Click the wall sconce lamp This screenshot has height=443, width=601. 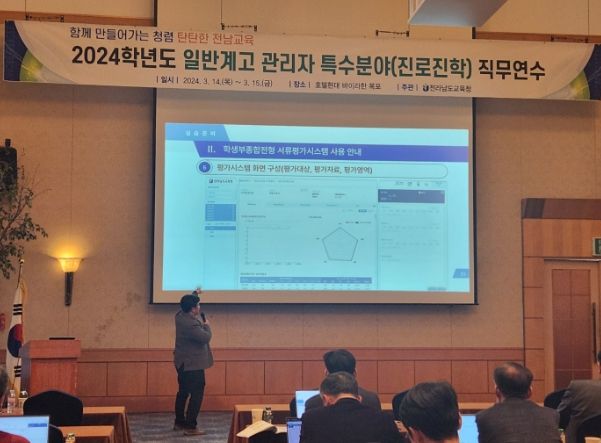[69, 267]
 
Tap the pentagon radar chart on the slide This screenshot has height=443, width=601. [340, 242]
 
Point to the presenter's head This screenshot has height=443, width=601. [190, 302]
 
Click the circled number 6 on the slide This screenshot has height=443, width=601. [204, 170]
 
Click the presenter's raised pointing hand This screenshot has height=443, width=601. [197, 290]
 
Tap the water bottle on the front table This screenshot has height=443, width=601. [267, 414]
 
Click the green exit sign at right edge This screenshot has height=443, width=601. [596, 246]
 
